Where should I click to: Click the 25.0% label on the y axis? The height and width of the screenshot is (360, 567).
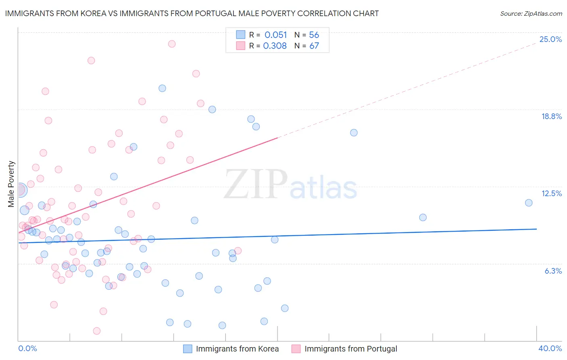pyautogui.click(x=550, y=39)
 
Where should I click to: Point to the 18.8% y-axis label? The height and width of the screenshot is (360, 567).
pyautogui.click(x=551, y=116)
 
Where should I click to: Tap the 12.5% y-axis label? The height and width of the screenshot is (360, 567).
pyautogui.click(x=551, y=193)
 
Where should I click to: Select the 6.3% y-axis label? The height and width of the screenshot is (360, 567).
pyautogui.click(x=553, y=271)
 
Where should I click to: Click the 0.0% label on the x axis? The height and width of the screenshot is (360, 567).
pyautogui.click(x=27, y=348)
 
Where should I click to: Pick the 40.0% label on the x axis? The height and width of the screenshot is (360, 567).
pyautogui.click(x=550, y=348)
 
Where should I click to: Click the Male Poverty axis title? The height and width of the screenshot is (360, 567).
pyautogui.click(x=11, y=184)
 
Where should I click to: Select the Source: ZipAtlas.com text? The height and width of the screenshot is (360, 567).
pyautogui.click(x=531, y=13)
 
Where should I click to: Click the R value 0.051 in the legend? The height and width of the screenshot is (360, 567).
pyautogui.click(x=275, y=35)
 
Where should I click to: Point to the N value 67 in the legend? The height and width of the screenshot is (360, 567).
pyautogui.click(x=314, y=46)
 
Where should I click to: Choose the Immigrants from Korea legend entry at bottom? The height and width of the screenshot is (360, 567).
pyautogui.click(x=231, y=349)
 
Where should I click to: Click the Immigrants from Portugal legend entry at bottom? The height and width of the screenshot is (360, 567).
pyautogui.click(x=345, y=349)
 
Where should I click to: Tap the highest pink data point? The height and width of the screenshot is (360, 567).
pyautogui.click(x=172, y=44)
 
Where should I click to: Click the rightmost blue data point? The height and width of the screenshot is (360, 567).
pyautogui.click(x=529, y=203)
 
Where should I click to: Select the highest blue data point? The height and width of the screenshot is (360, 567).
pyautogui.click(x=162, y=88)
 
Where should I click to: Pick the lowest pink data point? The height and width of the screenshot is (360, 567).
pyautogui.click(x=97, y=331)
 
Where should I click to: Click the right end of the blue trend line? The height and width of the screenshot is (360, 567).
pyautogui.click(x=536, y=229)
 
